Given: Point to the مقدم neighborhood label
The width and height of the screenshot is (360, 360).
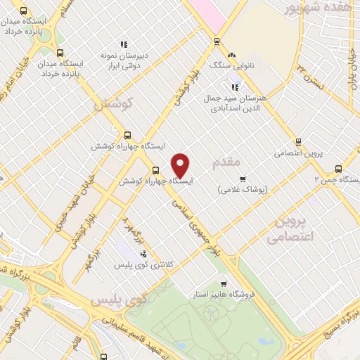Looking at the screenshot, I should [226, 165].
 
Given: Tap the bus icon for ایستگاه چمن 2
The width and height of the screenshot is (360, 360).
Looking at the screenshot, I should [338, 169].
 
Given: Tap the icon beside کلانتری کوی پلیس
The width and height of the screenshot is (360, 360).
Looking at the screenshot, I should [143, 254].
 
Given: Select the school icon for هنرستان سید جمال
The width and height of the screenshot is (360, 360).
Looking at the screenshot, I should [235, 88].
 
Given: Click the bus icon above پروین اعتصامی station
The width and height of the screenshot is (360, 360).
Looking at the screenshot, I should [298, 142].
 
